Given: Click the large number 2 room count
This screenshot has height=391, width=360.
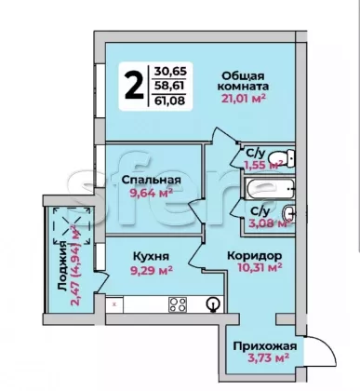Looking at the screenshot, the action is click(135, 85).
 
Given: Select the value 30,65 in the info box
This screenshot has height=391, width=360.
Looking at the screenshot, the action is click(170, 72).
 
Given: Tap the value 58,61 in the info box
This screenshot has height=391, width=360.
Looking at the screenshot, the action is click(169, 86).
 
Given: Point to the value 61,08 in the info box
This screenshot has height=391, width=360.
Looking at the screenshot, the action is click(169, 101).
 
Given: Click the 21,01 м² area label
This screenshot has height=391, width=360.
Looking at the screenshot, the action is click(244, 98).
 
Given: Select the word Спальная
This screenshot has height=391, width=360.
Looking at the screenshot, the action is click(151, 180).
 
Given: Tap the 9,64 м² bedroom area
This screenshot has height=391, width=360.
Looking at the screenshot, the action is click(151, 194).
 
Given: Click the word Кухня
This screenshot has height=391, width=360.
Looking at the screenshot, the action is click(151, 257).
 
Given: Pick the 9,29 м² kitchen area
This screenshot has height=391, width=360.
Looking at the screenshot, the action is click(152, 270).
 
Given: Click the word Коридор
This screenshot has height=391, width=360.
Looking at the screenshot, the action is click(255, 256).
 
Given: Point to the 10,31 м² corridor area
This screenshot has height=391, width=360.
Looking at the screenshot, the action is click(260, 267).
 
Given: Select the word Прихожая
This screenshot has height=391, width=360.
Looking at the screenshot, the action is click(265, 346).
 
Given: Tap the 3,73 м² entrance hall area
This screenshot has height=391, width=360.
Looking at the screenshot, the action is click(269, 357).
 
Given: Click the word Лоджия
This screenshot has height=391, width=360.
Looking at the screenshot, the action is click(62, 266).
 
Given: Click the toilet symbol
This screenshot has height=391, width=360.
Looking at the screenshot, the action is click(282, 157).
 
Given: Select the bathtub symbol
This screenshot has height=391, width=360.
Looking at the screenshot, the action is click(269, 188).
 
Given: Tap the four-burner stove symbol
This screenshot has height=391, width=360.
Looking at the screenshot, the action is click(178, 304).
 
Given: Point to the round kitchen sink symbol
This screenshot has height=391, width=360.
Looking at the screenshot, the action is click(214, 303).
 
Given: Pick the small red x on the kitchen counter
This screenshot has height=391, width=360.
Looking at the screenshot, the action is click(114, 304).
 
